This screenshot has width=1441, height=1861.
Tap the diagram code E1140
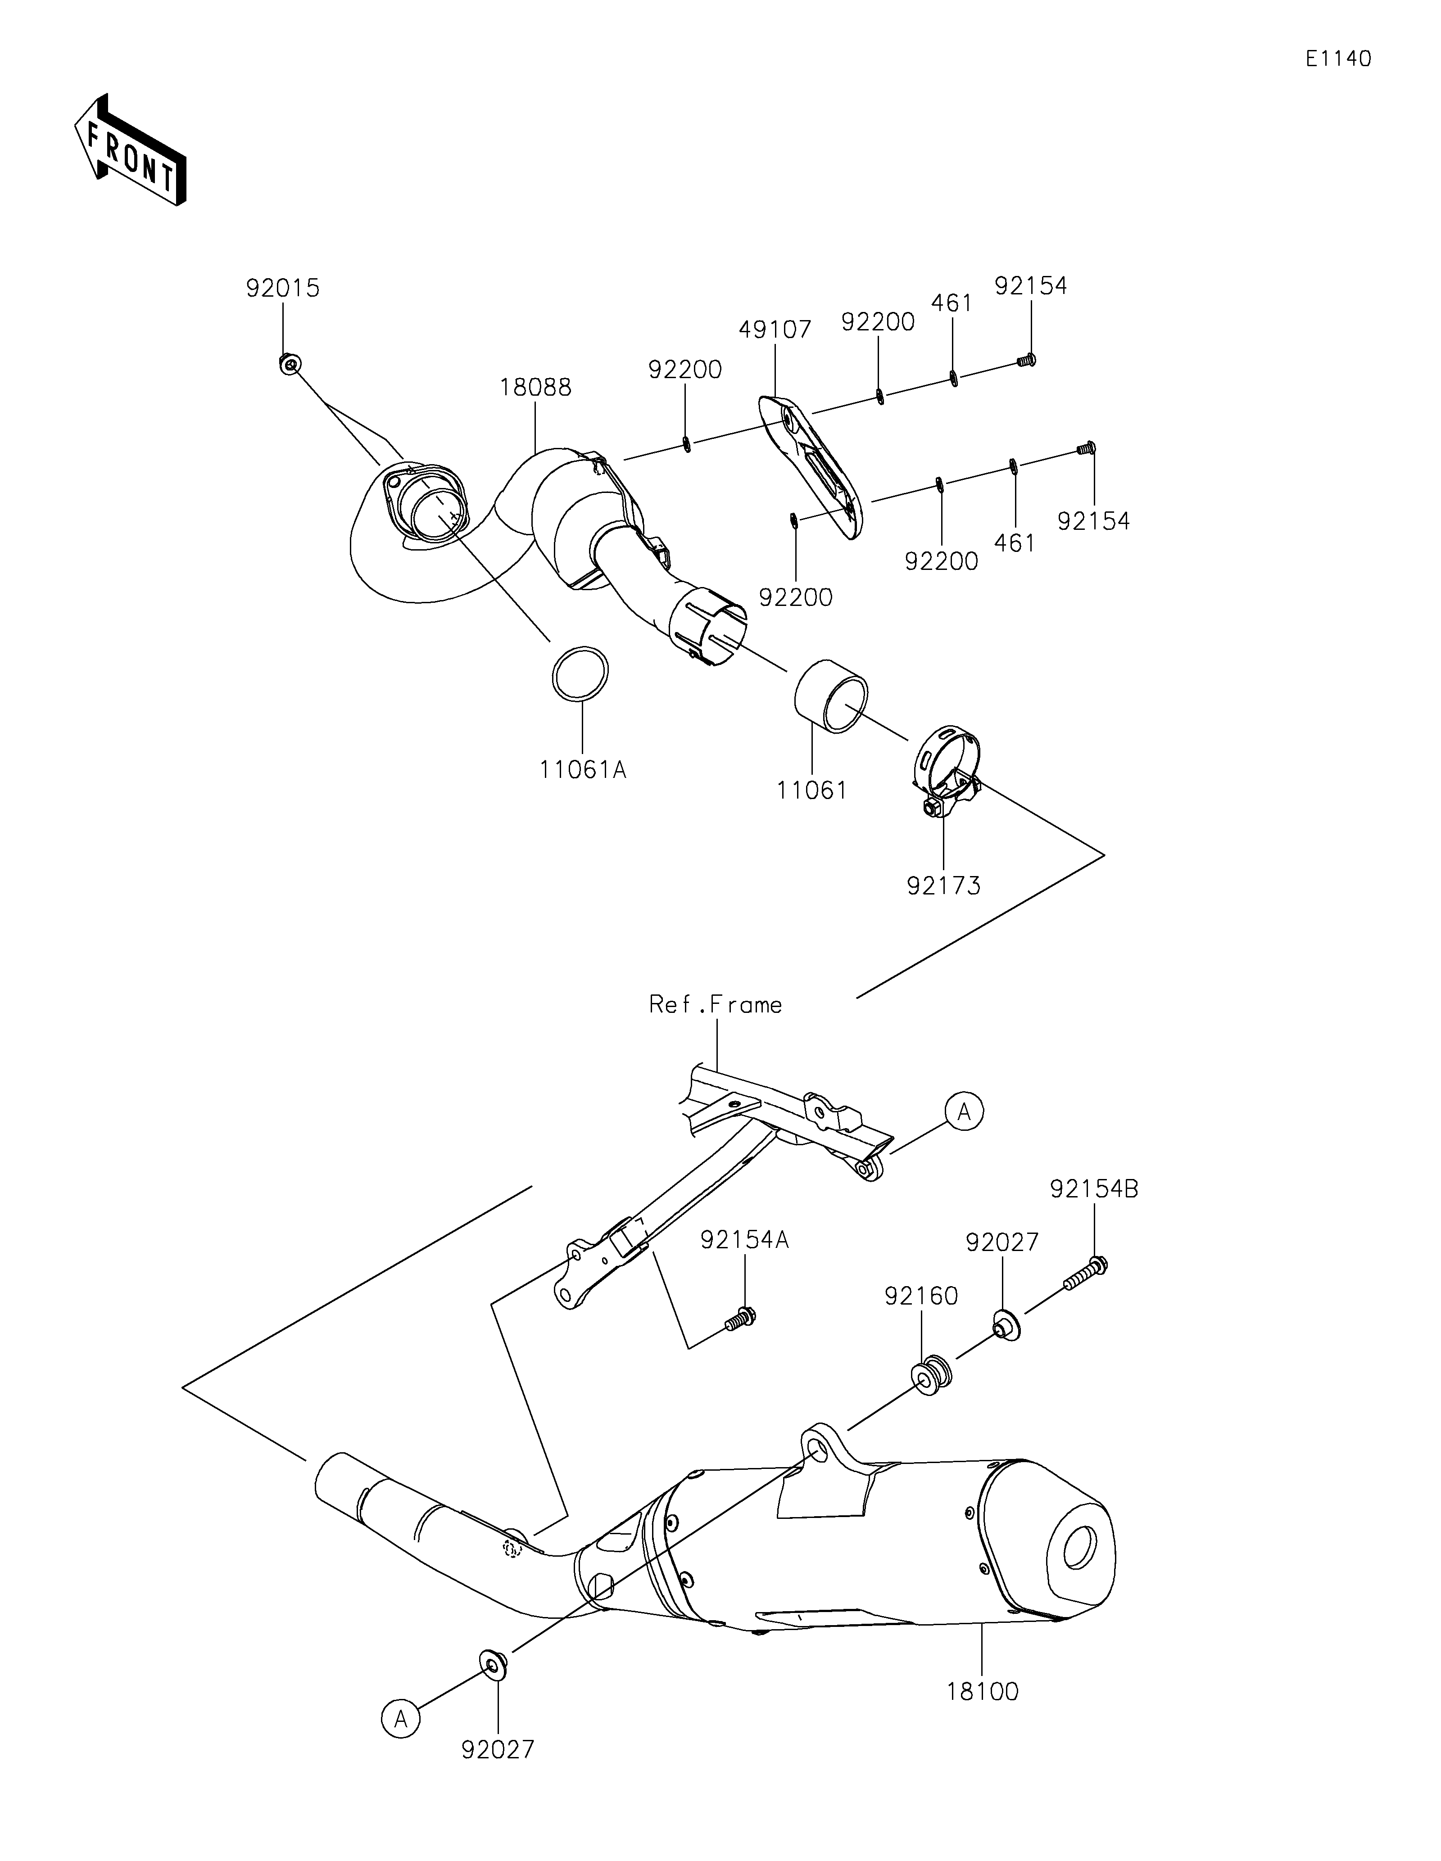pyautogui.click(x=1338, y=59)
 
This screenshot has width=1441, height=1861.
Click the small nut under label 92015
pyautogui.click(x=290, y=365)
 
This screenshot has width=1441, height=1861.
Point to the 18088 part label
pyautogui.click(x=535, y=388)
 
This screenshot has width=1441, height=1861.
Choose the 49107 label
pyautogui.click(x=775, y=329)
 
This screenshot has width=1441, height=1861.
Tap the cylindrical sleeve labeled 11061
pyautogui.click(x=831, y=704)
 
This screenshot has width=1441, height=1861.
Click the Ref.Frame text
pyautogui.click(x=715, y=1006)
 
